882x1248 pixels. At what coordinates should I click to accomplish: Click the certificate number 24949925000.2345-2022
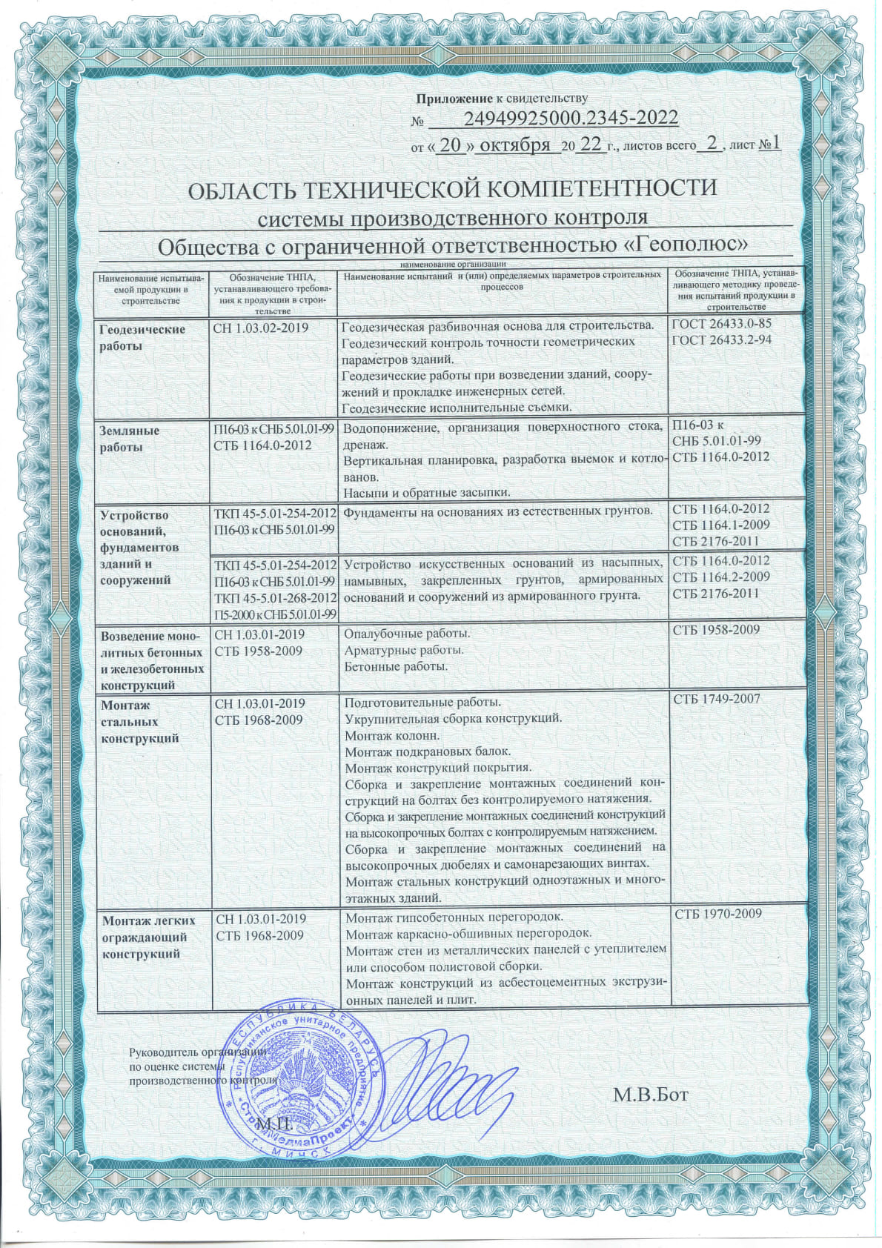coord(571,119)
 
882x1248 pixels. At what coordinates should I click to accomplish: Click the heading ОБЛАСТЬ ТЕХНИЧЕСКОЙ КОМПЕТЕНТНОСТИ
coord(453,189)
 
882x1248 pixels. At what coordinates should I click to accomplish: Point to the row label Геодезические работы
coord(142,337)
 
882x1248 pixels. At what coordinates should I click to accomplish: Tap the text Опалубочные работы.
coord(408,634)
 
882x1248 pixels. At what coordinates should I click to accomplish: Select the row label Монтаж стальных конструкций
coord(140,721)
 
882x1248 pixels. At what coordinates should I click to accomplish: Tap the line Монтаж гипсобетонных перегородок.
coord(449,917)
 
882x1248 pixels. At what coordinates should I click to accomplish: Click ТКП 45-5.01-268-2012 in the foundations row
coord(276,597)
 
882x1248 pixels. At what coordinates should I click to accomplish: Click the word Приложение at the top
coord(454,99)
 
